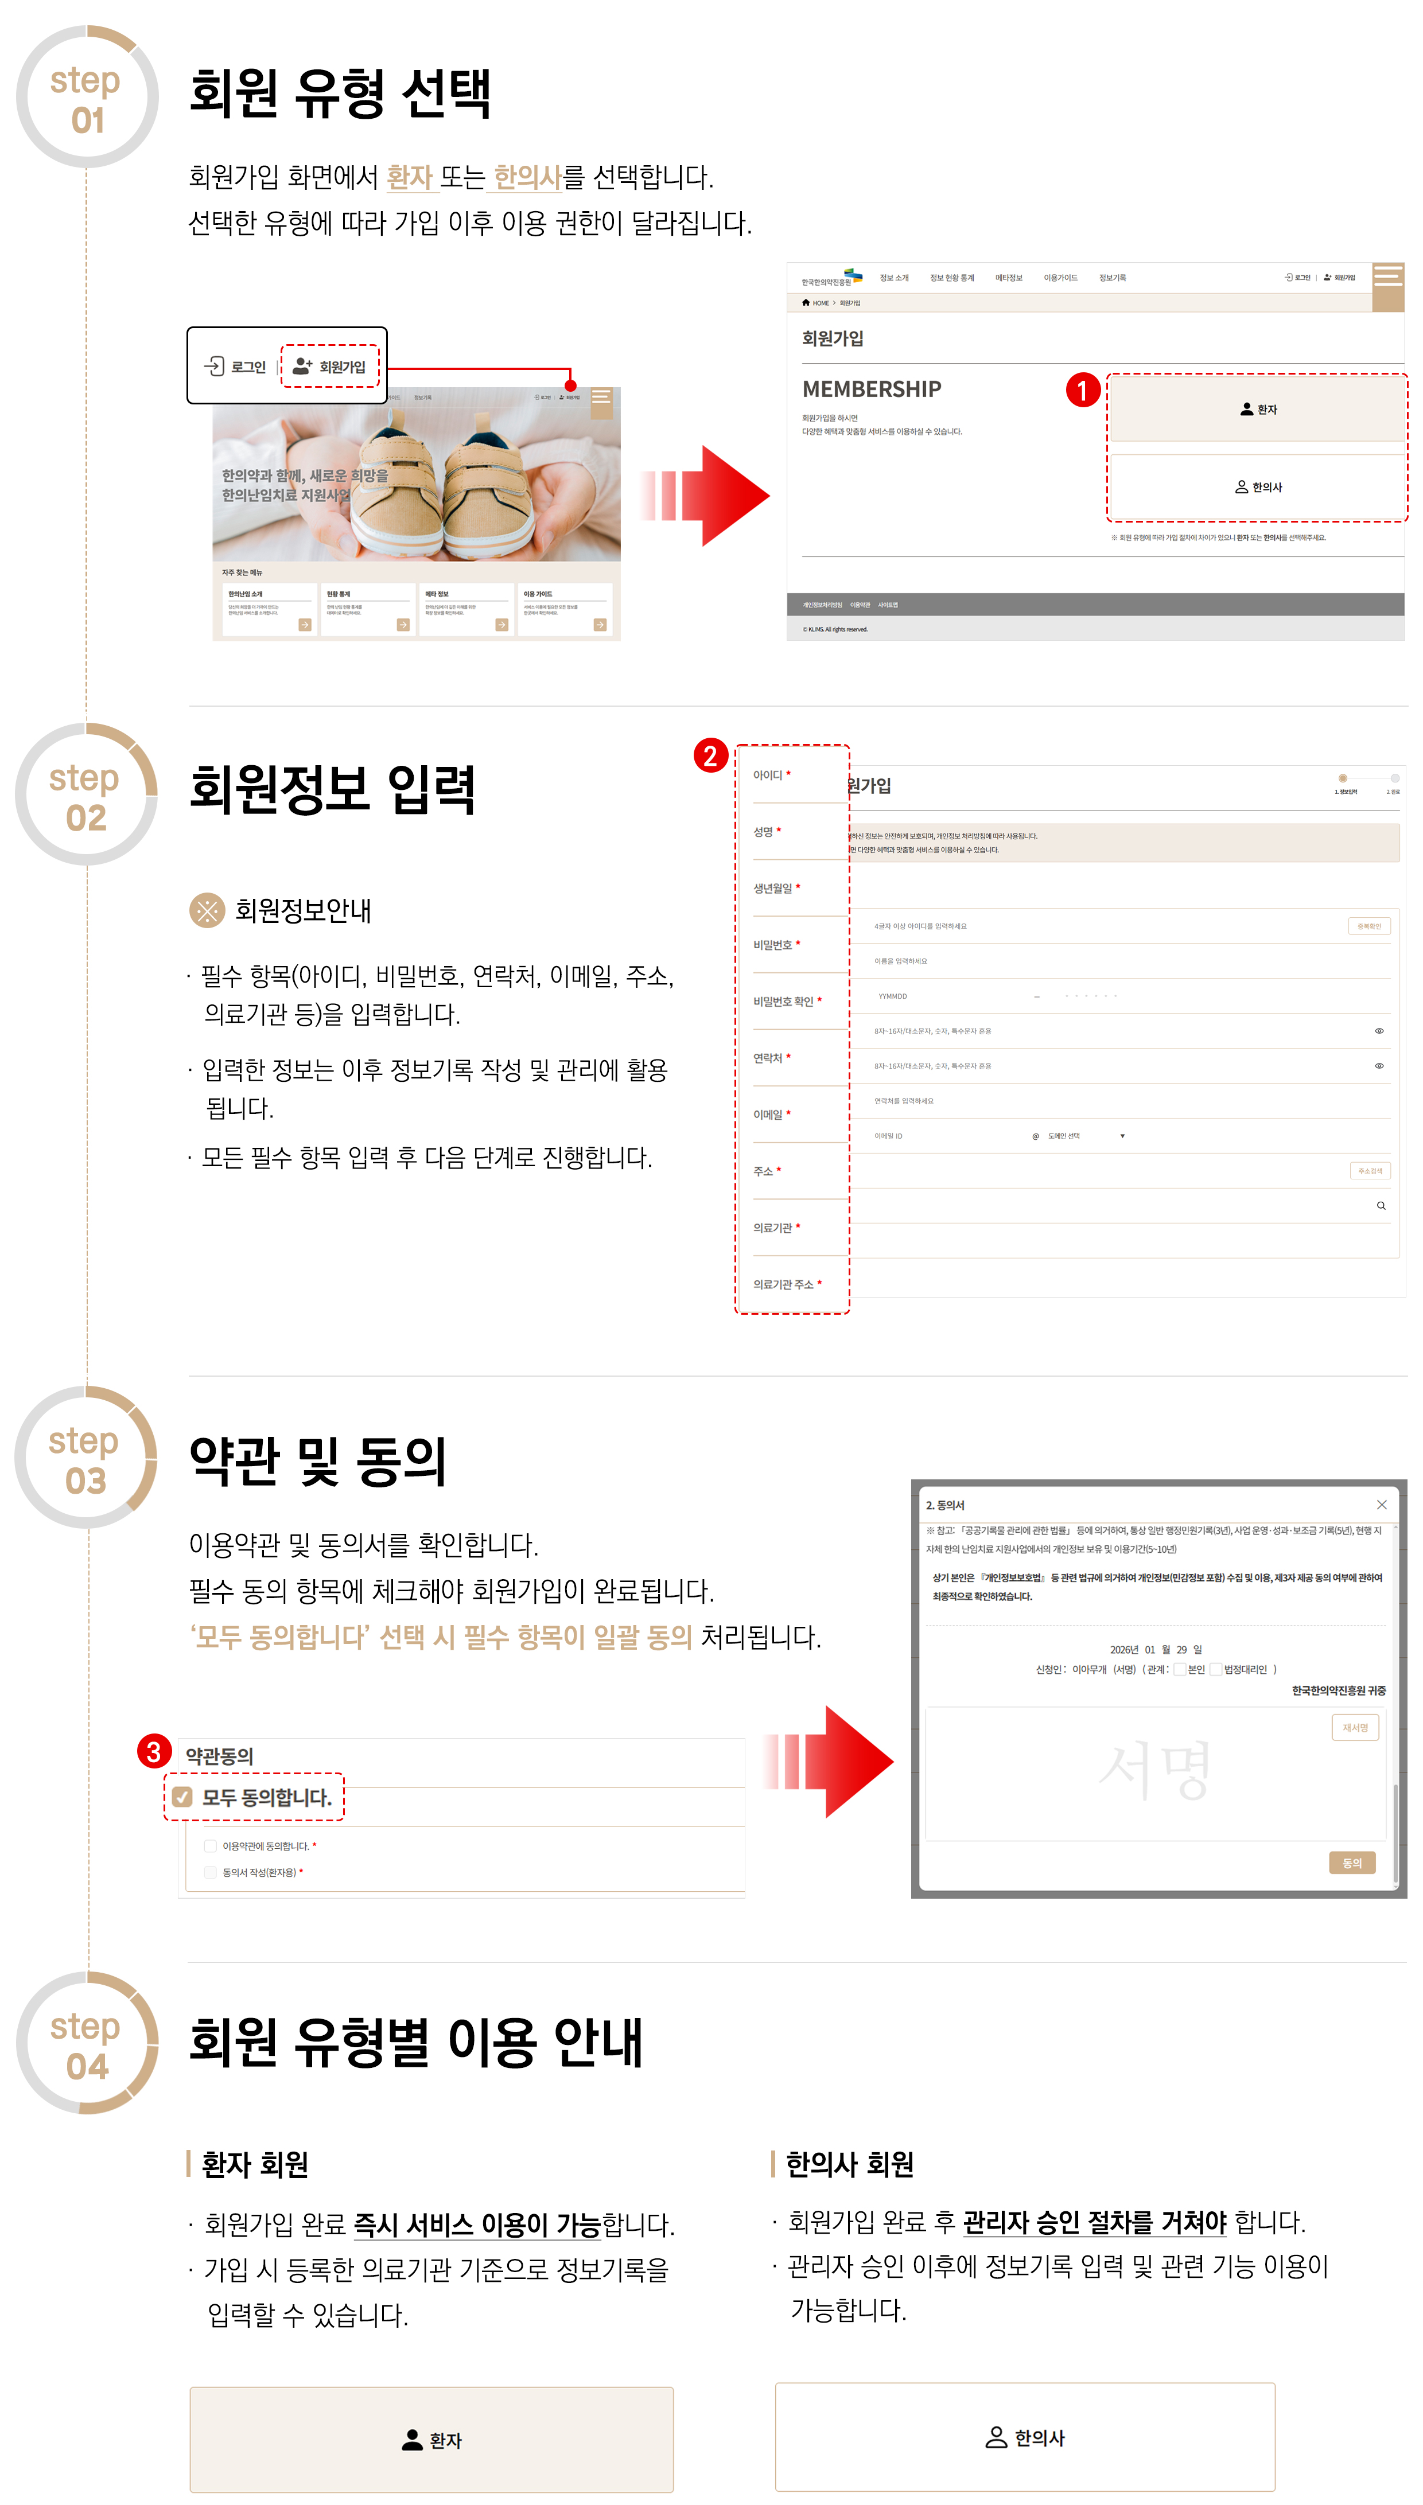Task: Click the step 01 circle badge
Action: pos(87,98)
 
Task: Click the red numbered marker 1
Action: pos(1082,391)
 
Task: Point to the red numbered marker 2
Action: pos(710,755)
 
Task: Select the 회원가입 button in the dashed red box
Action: pos(331,367)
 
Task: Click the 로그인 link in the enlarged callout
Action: pos(235,367)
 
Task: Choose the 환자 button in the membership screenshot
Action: pos(1258,410)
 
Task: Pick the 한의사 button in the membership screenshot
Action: pos(1258,486)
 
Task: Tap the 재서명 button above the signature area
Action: pos(1355,1727)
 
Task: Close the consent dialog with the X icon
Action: pos(1381,1505)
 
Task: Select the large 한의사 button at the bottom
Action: pos(1024,2437)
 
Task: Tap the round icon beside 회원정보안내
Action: pos(206,910)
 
